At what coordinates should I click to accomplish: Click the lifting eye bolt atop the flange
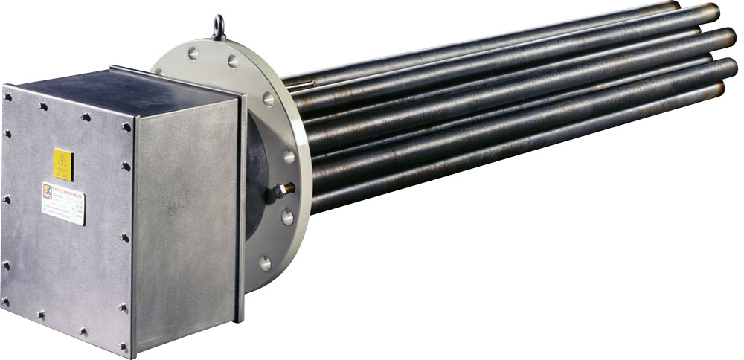[219, 28]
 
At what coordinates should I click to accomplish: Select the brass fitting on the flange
[282, 190]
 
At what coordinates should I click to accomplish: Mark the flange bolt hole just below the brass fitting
[286, 218]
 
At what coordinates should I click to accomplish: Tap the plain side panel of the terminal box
[186, 223]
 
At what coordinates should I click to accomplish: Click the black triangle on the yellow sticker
[63, 161]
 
